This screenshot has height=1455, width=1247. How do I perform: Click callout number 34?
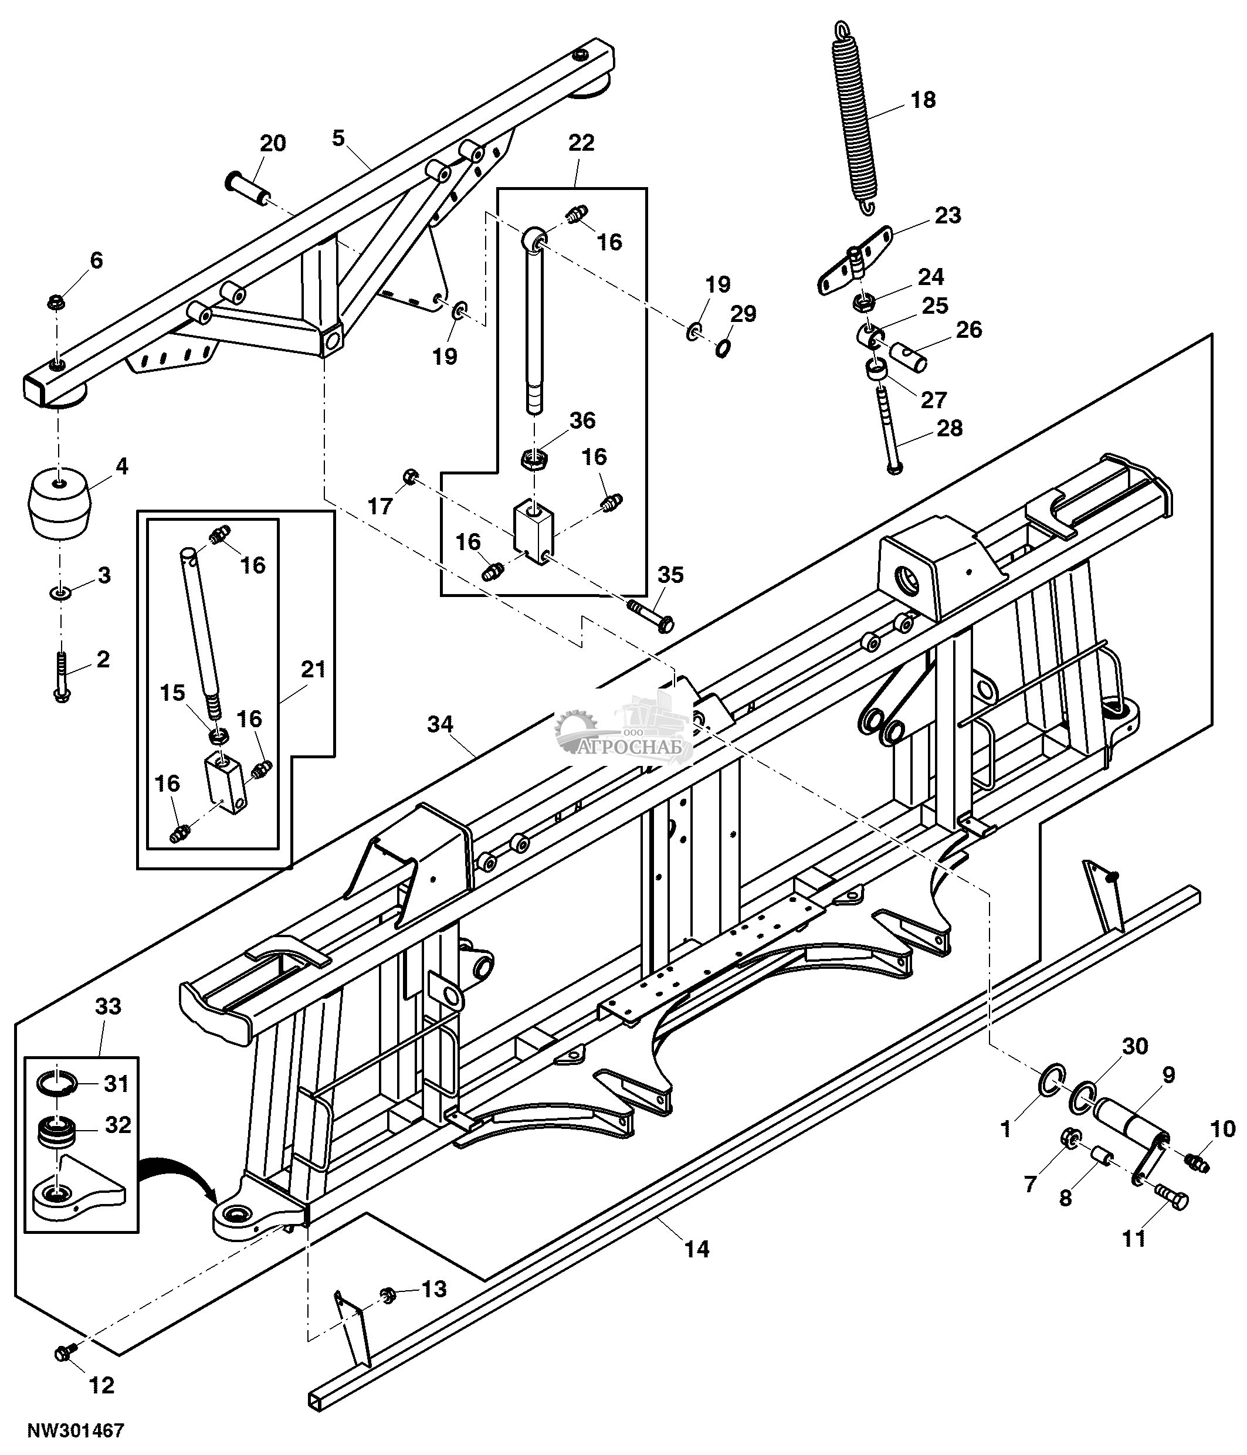click(440, 724)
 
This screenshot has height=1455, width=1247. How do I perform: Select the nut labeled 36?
click(536, 460)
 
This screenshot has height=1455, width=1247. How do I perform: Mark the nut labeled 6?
click(55, 303)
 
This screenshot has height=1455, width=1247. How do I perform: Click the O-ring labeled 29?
click(723, 347)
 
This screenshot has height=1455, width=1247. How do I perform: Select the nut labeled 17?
click(411, 478)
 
